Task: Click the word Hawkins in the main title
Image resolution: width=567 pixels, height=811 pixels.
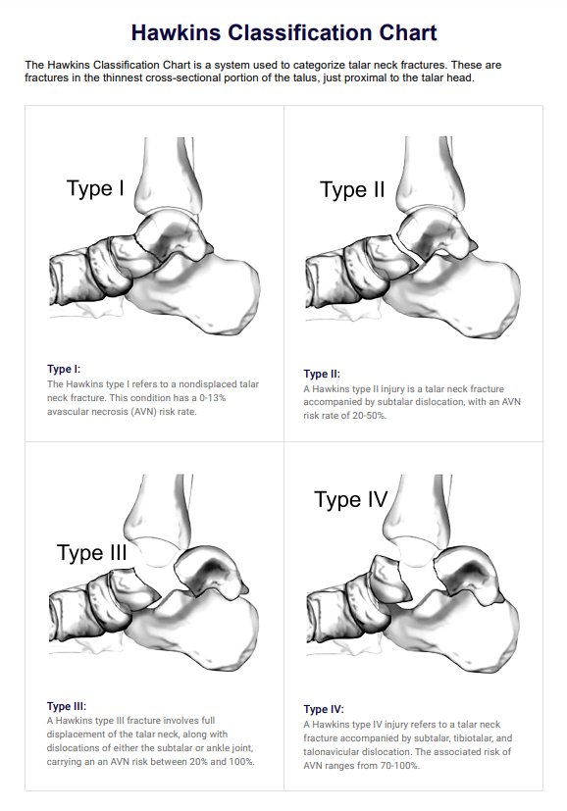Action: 177,32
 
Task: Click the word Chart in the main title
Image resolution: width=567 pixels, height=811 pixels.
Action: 408,32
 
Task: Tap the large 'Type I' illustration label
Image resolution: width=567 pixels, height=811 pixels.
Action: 96,189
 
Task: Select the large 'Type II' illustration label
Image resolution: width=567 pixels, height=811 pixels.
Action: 352,190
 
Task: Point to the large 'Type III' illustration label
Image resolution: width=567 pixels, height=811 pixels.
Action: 91,553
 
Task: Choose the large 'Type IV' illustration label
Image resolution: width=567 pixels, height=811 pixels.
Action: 351,499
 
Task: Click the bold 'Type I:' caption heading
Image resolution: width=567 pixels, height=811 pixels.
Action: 64,369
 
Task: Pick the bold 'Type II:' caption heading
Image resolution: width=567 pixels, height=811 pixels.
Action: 322,374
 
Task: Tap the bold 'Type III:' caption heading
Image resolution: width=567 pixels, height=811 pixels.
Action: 67,706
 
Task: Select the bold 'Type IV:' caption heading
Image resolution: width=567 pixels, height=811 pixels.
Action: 324,709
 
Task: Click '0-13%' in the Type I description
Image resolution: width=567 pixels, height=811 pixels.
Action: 213,398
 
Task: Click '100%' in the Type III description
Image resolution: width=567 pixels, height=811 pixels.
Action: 241,761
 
